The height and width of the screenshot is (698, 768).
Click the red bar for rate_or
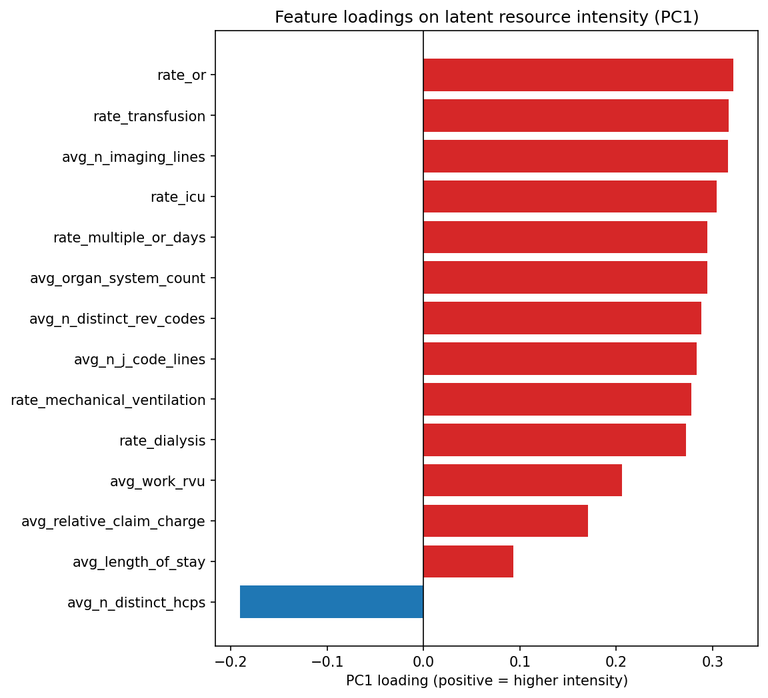coord(577,75)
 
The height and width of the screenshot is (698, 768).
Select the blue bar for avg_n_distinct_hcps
coord(331,602)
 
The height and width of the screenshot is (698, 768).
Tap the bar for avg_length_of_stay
coord(468,561)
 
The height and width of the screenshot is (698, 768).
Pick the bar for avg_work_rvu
coord(522,480)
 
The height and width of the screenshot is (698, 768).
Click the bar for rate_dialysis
coord(554,440)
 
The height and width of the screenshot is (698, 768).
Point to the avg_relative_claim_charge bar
coord(505,521)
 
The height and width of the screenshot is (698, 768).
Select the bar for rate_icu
coord(569,196)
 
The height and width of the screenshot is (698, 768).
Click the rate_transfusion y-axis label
coord(149,117)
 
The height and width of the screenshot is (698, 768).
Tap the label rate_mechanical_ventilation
coord(108,400)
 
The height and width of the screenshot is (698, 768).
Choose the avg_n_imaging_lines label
coord(133,157)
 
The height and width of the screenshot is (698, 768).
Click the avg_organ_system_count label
coord(117,278)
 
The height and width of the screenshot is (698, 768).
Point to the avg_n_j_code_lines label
coord(139,360)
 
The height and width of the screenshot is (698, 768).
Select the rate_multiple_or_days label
coord(129,238)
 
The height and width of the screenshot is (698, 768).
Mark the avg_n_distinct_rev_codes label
coord(117,319)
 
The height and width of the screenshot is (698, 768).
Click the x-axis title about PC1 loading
coord(487,681)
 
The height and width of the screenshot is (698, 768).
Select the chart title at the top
coord(487,17)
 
